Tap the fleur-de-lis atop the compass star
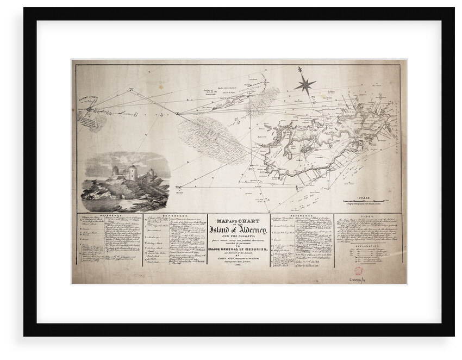(x=299, y=70)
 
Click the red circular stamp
(x=359, y=270)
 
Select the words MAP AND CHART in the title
(x=238, y=220)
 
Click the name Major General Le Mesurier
(x=239, y=248)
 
